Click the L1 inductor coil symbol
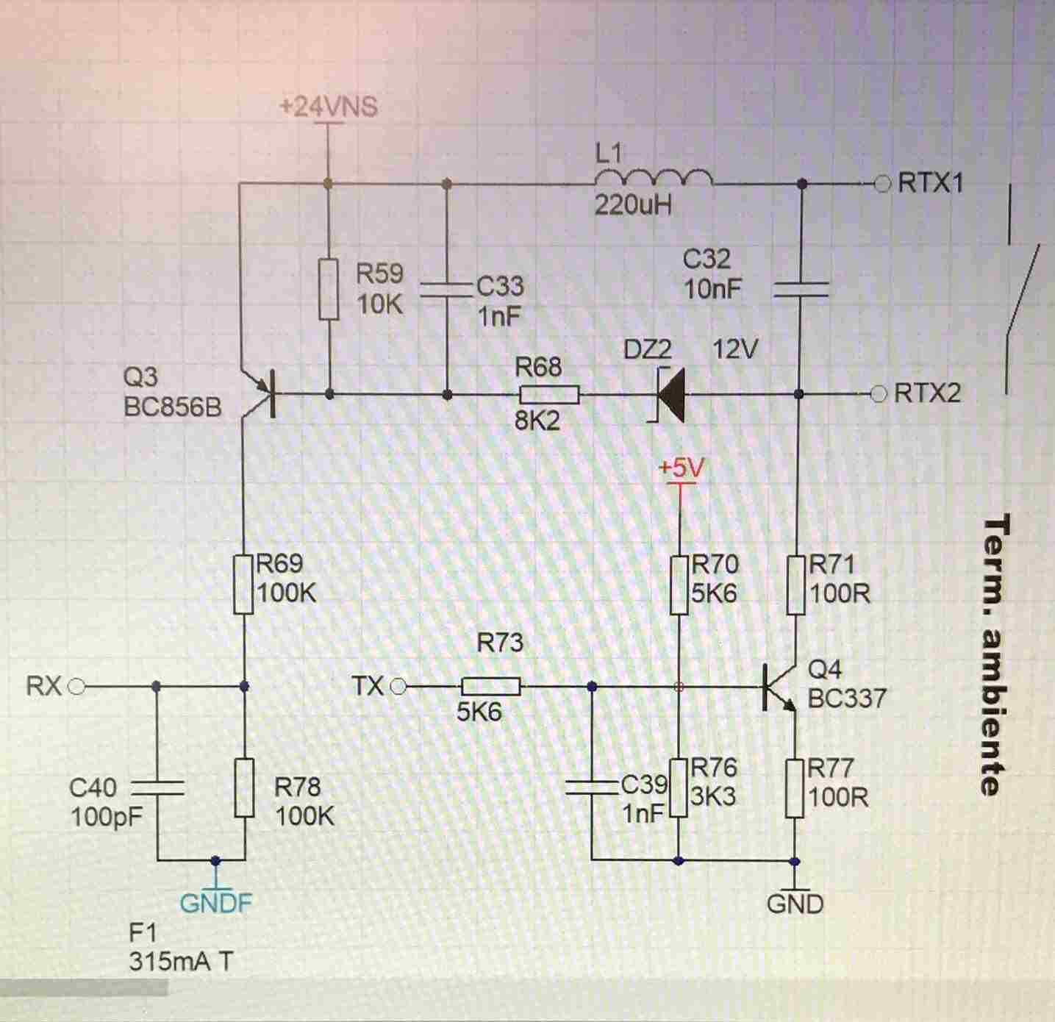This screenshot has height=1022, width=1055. (653, 179)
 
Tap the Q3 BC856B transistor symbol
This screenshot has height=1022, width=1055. (262, 395)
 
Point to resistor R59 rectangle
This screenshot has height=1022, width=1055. (329, 288)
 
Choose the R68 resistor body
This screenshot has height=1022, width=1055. (548, 395)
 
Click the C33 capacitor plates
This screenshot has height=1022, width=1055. (446, 290)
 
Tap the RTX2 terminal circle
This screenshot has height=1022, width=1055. (879, 394)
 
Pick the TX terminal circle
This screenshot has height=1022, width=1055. (398, 687)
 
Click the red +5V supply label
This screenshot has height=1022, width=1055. (681, 468)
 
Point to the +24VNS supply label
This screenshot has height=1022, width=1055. (328, 107)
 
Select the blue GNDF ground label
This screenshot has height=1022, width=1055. (215, 903)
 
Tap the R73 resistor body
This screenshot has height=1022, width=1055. (491, 687)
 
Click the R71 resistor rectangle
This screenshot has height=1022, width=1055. (796, 585)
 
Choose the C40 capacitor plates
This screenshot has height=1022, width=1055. (157, 788)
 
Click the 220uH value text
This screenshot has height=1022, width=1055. (633, 205)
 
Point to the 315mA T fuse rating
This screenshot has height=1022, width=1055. (181, 962)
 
